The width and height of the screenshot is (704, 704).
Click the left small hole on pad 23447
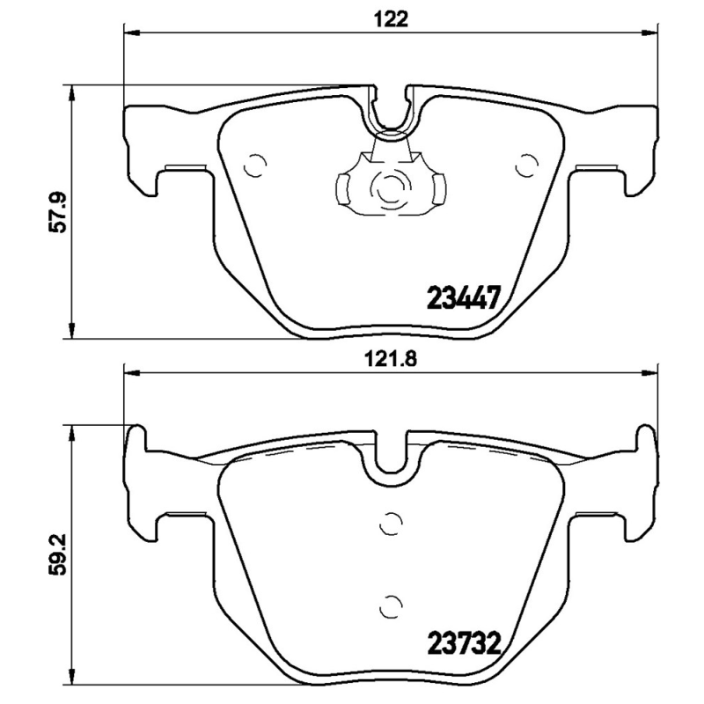[254, 164]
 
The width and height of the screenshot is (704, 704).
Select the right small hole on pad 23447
[527, 164]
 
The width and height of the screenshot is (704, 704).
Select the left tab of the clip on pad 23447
[343, 186]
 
